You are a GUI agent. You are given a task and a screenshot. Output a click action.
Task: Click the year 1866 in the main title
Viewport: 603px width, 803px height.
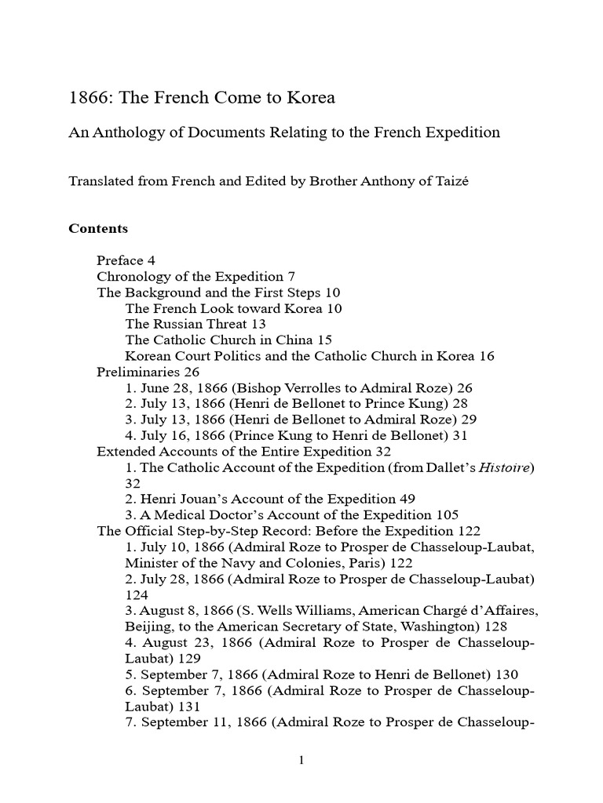[x=87, y=98]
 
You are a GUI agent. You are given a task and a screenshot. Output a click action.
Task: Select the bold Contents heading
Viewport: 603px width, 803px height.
[x=98, y=229]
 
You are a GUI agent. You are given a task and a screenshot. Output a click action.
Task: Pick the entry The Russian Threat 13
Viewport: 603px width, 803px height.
[x=196, y=324]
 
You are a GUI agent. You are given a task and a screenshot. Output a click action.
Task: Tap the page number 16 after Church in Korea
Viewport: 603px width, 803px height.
[x=487, y=356]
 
